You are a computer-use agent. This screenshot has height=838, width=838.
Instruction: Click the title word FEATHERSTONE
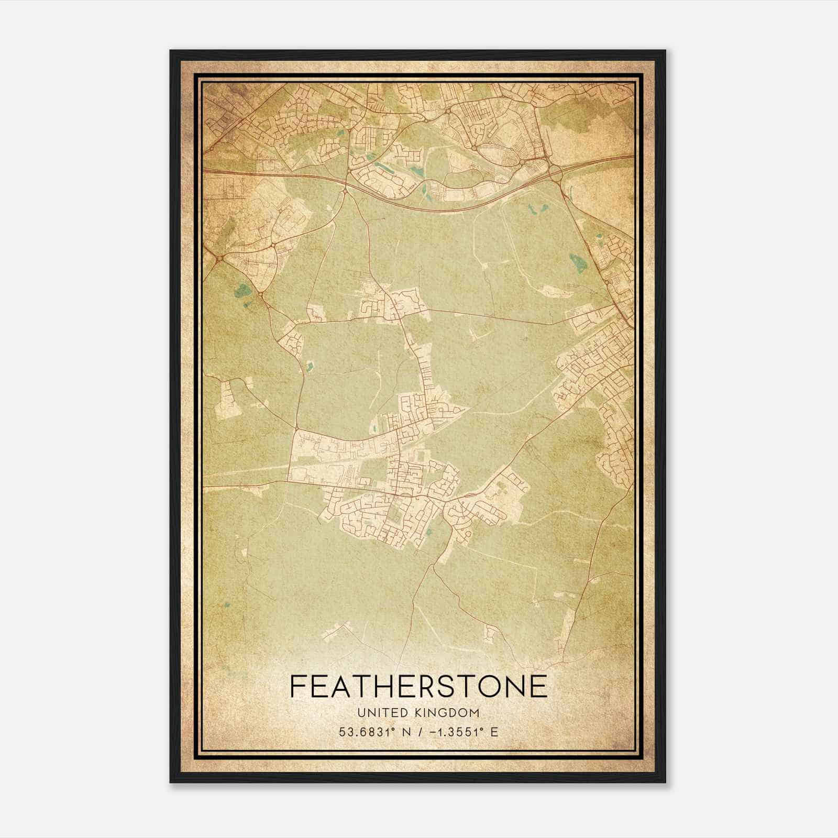pyautogui.click(x=418, y=686)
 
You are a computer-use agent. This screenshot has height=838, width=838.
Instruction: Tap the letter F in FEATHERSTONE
pyautogui.click(x=298, y=686)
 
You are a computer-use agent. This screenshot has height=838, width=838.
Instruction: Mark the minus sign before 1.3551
pyautogui.click(x=432, y=732)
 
